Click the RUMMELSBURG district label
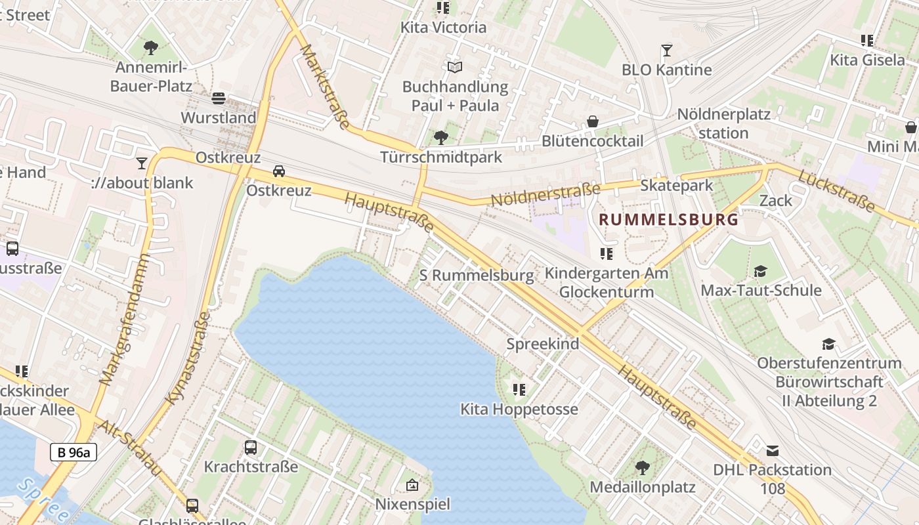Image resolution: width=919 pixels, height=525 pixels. [x=669, y=220]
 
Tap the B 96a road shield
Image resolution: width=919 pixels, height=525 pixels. [x=74, y=452]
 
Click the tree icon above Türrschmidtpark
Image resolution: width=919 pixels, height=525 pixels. [x=441, y=137]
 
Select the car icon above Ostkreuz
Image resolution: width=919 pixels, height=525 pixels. [x=279, y=171]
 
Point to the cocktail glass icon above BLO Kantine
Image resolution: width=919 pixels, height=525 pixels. [x=667, y=51]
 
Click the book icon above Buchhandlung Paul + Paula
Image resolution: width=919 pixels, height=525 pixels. [x=455, y=67]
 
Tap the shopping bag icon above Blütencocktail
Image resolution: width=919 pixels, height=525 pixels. [x=593, y=121]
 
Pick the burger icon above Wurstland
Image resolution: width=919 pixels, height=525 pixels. [x=219, y=98]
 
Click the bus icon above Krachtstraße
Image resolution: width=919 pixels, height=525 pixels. [x=251, y=448]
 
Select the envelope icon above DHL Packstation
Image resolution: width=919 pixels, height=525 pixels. [x=773, y=451]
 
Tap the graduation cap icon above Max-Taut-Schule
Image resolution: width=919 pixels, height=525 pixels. [x=761, y=271]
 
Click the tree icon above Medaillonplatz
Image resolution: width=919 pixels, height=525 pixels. [x=643, y=468]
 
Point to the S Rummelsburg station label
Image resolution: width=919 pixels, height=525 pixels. [x=477, y=276]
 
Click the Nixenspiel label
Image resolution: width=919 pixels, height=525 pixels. [x=412, y=504]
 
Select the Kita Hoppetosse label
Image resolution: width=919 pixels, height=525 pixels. [x=519, y=409]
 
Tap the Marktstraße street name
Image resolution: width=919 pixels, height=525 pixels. [x=324, y=87]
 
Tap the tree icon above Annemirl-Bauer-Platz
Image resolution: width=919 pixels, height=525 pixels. [x=151, y=47]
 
